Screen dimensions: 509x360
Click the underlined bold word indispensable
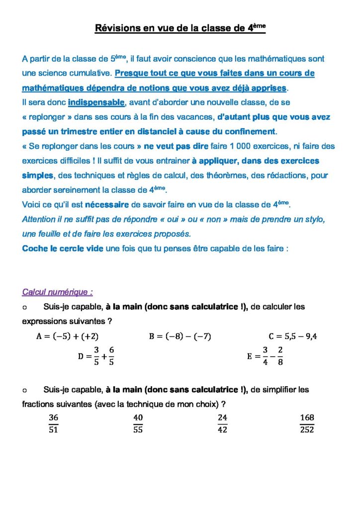pyautogui.click(x=96, y=102)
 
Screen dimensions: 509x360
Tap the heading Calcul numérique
pyautogui.click(x=58, y=292)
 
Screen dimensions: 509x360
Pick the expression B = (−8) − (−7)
pyautogui.click(x=180, y=337)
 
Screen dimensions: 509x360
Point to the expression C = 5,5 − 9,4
pyautogui.click(x=293, y=337)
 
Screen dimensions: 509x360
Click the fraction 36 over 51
pyautogui.click(x=54, y=424)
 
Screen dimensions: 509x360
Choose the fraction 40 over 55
pyautogui.click(x=138, y=424)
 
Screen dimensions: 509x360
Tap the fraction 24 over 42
pyautogui.click(x=222, y=424)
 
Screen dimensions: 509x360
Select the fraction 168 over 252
pyautogui.click(x=307, y=424)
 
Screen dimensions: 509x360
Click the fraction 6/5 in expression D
pyautogui.click(x=112, y=356)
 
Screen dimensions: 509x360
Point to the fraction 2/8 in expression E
pyautogui.click(x=280, y=356)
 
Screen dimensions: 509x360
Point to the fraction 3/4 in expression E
pyautogui.click(x=266, y=356)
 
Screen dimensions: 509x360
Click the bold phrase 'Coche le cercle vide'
pyautogui.click(x=63, y=249)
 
